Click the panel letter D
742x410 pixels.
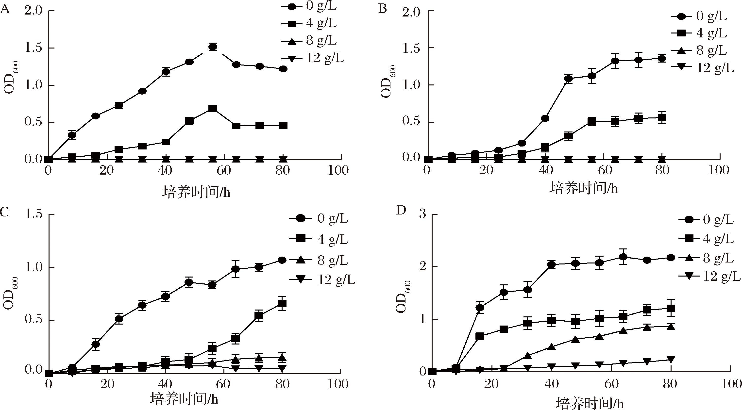401,211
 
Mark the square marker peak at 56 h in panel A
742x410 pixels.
213,109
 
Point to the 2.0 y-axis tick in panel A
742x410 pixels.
34,11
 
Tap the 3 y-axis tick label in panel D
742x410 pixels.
422,215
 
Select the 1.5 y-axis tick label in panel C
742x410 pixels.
34,215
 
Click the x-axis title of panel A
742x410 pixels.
196,192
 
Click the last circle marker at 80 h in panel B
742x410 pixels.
662,58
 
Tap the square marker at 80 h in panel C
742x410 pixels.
282,304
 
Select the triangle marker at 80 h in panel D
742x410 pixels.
671,327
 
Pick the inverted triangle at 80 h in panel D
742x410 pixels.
671,359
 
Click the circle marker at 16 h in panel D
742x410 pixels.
480,308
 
